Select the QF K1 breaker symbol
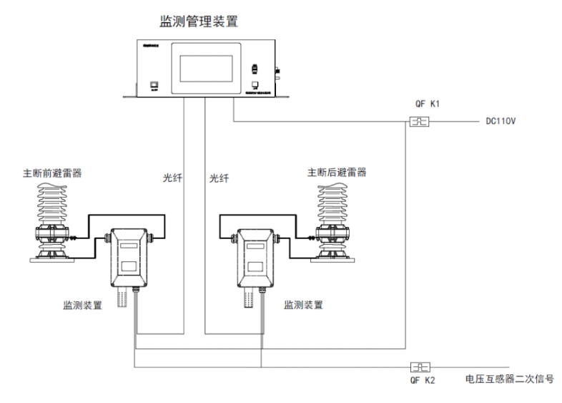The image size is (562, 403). (419, 122)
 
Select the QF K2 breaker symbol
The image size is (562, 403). (419, 366)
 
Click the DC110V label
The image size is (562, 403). (496, 122)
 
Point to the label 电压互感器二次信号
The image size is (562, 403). (509, 381)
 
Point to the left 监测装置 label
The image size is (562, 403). (82, 305)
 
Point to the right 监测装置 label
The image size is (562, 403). (303, 305)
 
